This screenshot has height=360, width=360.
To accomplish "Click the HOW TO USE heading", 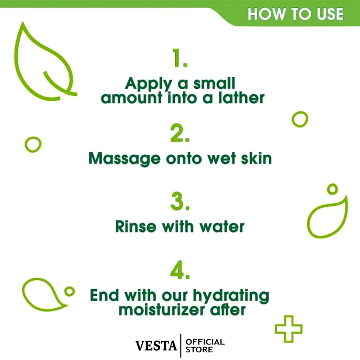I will (295, 14).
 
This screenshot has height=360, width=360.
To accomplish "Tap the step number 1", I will (180, 59).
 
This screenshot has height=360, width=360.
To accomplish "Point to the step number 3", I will (180, 202).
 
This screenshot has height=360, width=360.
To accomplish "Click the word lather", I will (241, 98).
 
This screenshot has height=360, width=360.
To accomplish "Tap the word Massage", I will (124, 159).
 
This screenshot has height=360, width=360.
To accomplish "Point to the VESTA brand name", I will (156, 346).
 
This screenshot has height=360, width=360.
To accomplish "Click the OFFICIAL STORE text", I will (205, 346).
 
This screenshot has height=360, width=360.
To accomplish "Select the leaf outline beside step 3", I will (327, 218).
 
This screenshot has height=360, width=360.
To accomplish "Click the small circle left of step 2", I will (33, 144).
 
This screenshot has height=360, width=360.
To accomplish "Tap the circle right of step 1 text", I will (300, 119).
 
